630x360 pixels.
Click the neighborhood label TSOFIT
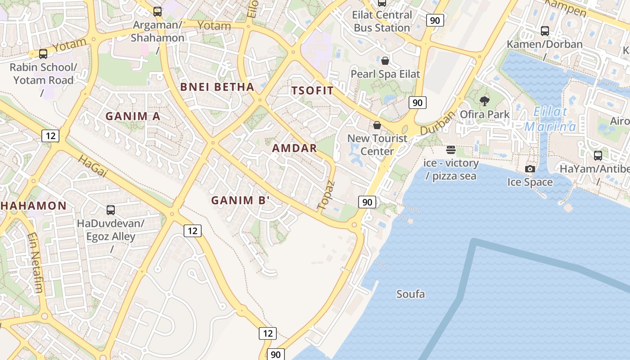click(x=312, y=90)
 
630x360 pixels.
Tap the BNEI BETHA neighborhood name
click(x=217, y=87)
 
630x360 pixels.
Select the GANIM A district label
click(x=133, y=116)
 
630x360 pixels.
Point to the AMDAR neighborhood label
click(x=294, y=148)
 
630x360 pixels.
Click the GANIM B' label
click(x=240, y=200)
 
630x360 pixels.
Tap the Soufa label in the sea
click(x=410, y=294)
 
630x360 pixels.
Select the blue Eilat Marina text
click(x=550, y=119)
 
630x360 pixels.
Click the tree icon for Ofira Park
click(x=485, y=101)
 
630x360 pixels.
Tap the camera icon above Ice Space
click(x=530, y=169)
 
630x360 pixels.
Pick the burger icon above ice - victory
click(x=450, y=150)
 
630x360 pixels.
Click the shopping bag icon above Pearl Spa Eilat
click(x=385, y=61)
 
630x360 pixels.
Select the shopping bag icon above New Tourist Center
click(x=377, y=125)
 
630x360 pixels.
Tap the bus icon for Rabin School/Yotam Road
click(x=43, y=54)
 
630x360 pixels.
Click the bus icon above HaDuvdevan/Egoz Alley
click(x=110, y=210)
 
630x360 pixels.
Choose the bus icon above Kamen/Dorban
click(x=544, y=31)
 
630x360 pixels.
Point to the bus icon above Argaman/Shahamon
click(x=157, y=12)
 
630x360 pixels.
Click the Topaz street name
click(x=326, y=196)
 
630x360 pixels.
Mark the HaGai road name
click(x=93, y=166)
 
